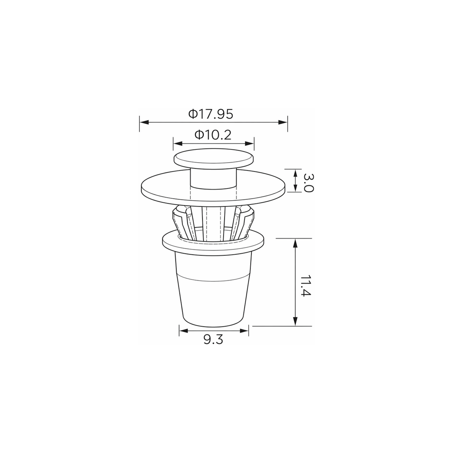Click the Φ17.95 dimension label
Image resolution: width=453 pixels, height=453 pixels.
pos(211,114)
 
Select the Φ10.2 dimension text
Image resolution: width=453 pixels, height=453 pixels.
pos(213,135)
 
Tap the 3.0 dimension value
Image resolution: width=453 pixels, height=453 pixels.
pos(308,183)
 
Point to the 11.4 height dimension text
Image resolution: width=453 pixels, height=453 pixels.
pos(306,285)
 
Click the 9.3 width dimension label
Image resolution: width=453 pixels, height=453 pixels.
pos(213,340)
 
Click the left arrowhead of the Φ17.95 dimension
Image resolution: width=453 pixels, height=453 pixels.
pos(144,122)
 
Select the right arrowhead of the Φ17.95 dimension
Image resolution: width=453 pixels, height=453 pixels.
pos(282,122)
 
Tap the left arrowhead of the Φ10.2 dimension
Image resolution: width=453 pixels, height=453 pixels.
pos(178,143)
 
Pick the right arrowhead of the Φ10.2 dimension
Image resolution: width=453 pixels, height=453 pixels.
pos(249,143)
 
